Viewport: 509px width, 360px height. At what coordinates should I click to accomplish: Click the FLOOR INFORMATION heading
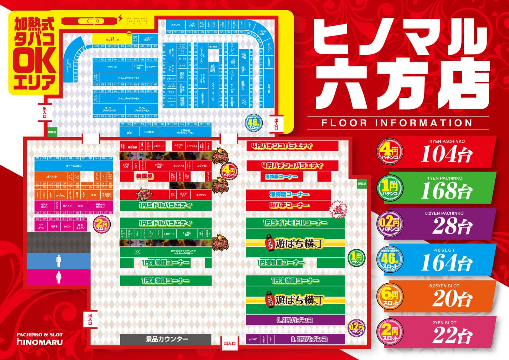tap(397, 123)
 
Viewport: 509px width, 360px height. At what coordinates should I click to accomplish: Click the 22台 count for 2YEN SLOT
tap(452, 335)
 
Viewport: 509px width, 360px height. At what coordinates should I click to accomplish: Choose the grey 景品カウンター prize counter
tap(165, 339)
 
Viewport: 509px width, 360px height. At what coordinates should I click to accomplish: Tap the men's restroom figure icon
tap(59, 261)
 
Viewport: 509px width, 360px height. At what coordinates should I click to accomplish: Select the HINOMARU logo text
tap(40, 342)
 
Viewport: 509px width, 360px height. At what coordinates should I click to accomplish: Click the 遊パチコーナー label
tap(289, 205)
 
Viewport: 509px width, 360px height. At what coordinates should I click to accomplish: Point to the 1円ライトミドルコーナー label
tap(295, 223)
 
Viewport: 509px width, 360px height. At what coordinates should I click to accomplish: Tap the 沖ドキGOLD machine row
tap(73, 166)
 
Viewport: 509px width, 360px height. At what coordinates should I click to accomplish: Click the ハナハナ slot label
tap(112, 67)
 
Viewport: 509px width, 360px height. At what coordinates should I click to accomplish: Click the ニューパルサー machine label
tap(148, 39)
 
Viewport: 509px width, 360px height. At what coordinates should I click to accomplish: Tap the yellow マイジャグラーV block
tap(110, 39)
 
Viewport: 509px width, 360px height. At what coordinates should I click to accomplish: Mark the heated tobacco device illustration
tap(89, 21)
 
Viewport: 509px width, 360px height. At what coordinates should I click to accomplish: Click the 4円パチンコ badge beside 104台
tap(390, 152)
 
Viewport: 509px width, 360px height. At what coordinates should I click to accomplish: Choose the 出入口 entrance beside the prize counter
tap(230, 343)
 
